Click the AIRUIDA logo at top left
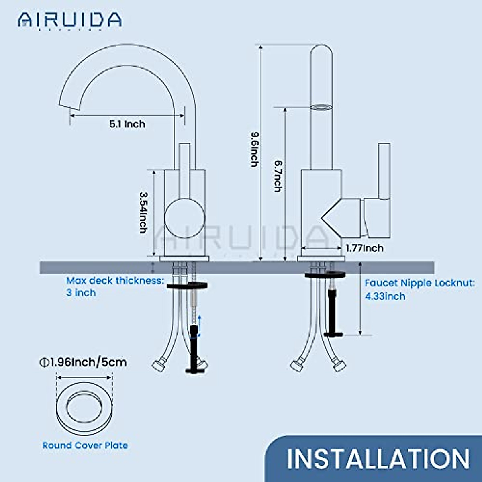click(69, 20)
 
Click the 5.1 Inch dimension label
click(127, 124)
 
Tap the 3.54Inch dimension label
click(143, 212)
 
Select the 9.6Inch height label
click(254, 149)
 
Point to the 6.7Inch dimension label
click(278, 176)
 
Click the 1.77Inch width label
click(365, 248)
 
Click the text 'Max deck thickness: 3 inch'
click(115, 286)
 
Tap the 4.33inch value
click(385, 296)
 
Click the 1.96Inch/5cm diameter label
click(83, 362)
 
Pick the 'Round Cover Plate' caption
click(85, 445)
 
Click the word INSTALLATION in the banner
click(378, 459)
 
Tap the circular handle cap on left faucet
click(185, 219)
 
